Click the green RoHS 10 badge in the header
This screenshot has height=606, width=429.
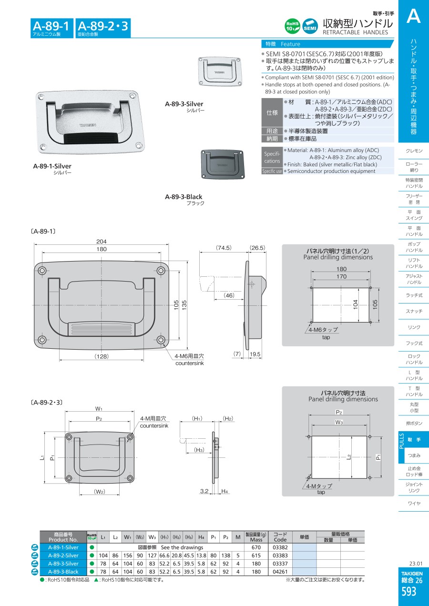tap(292, 26)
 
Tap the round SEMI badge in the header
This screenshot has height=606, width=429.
tap(310, 26)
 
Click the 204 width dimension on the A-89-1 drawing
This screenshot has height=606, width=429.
tap(102, 242)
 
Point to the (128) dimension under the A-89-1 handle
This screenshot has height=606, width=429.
tap(102, 356)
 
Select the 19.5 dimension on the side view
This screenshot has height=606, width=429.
tap(255, 354)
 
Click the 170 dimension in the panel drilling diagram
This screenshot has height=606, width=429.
tap(341, 276)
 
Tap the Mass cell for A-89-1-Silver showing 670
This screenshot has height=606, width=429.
tap(256, 547)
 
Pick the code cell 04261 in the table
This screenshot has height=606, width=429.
tap(280, 572)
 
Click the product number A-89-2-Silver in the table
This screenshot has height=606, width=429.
tap(63, 555)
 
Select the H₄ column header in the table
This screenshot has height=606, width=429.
tap(201, 537)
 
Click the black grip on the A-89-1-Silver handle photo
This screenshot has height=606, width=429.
tap(91, 138)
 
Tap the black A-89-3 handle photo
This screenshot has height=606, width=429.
tap(223, 164)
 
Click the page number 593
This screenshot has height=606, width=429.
tap(409, 592)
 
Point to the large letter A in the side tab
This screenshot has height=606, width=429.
tap(414, 16)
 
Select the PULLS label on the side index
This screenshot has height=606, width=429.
tap(402, 441)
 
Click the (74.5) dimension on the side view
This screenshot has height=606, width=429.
tap(224, 248)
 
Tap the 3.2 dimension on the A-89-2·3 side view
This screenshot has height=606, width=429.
tap(204, 491)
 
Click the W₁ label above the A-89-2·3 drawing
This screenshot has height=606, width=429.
tap(99, 408)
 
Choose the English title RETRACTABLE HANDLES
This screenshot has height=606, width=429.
tap(355, 32)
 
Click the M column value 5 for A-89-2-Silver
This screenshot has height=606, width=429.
tap(238, 555)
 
